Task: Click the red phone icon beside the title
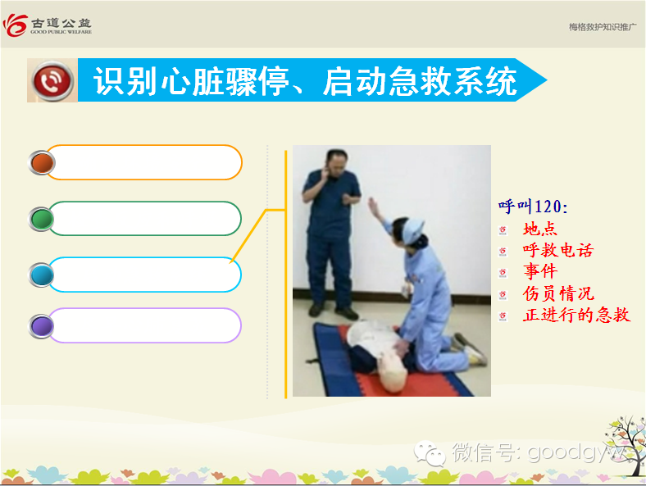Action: coord(52,80)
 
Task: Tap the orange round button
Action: coord(42,163)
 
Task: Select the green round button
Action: coord(42,219)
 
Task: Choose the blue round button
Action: coord(42,275)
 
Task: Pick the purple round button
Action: coord(42,326)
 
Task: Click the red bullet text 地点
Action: coord(539,229)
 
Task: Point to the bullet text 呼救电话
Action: coord(558,250)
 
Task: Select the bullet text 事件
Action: coord(540,271)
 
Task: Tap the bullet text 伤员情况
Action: coord(558,293)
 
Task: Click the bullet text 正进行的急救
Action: coord(576,315)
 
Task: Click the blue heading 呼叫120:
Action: coord(533,207)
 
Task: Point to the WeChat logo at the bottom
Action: coord(430,453)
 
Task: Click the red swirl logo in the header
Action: coord(15,25)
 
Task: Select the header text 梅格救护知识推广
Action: coord(603,27)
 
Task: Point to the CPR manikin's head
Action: coord(393,373)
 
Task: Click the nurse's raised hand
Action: coord(373,205)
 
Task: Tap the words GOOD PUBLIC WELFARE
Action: coord(61,32)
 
